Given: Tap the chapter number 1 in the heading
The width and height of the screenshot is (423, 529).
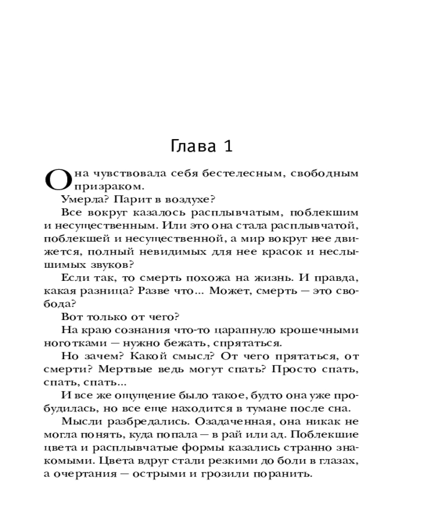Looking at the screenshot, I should click(227, 146).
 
